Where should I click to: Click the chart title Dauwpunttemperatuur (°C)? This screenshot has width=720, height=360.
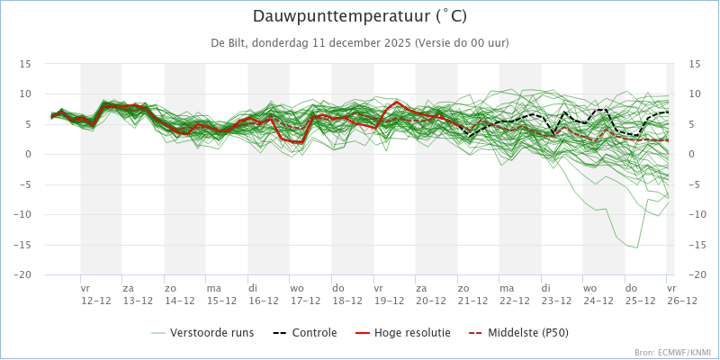(x=360, y=16)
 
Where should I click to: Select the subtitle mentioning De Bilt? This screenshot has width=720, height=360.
(x=360, y=42)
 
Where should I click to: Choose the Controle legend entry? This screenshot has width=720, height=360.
(x=304, y=332)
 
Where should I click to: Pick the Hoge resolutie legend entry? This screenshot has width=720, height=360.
(x=402, y=332)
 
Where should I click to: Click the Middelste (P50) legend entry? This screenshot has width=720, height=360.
(x=518, y=332)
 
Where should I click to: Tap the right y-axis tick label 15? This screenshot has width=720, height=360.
(x=694, y=64)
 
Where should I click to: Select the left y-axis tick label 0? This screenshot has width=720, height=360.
(x=28, y=154)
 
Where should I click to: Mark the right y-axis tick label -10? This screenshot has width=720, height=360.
(x=697, y=214)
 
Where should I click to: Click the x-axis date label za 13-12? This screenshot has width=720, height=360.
(x=138, y=294)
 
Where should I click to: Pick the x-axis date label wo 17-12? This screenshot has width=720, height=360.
(x=304, y=294)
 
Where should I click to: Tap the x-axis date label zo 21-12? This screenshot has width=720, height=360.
(x=472, y=294)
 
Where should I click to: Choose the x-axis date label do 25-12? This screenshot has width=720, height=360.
(x=639, y=294)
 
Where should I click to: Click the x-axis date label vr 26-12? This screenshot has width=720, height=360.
(x=682, y=294)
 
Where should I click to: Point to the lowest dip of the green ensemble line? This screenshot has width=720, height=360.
(x=637, y=248)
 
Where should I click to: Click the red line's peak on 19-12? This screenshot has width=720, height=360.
(x=396, y=102)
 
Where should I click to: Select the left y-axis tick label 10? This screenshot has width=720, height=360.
(x=25, y=94)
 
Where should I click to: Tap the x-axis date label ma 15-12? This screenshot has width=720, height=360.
(x=220, y=294)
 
